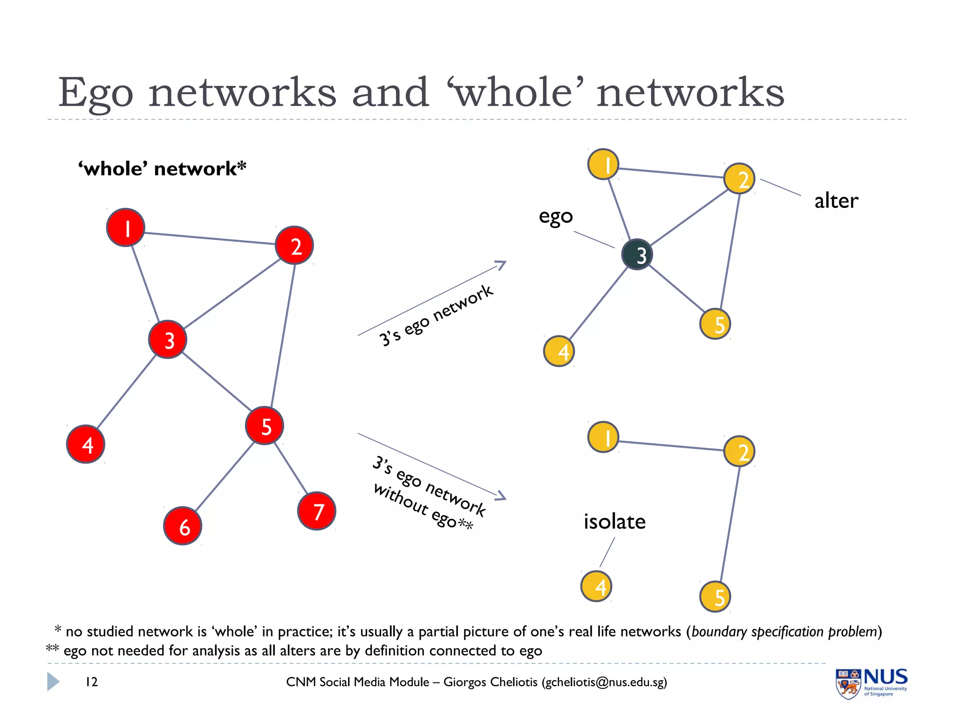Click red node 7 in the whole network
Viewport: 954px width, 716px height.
[317, 511]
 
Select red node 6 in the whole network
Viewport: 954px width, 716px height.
[183, 526]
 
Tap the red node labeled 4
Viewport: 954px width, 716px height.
[86, 444]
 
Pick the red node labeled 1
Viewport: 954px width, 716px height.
[126, 227]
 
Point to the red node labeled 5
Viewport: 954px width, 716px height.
[265, 426]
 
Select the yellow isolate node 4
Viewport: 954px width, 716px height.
[596, 586]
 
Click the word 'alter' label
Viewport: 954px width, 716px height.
[836, 201]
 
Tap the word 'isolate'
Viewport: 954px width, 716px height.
[614, 521]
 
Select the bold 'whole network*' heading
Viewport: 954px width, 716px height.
[162, 168]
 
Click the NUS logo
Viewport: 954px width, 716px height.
[871, 683]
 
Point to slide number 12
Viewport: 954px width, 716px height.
[92, 682]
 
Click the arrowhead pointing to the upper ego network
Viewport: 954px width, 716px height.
[501, 265]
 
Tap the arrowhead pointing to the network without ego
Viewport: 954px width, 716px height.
[501, 496]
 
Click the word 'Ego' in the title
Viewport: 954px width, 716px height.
[96, 93]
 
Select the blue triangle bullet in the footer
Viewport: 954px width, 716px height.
[53, 682]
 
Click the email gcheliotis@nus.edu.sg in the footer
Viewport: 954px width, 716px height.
[604, 682]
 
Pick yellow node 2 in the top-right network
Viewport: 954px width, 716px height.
[739, 179]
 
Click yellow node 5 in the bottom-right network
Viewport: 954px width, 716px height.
[715, 597]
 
